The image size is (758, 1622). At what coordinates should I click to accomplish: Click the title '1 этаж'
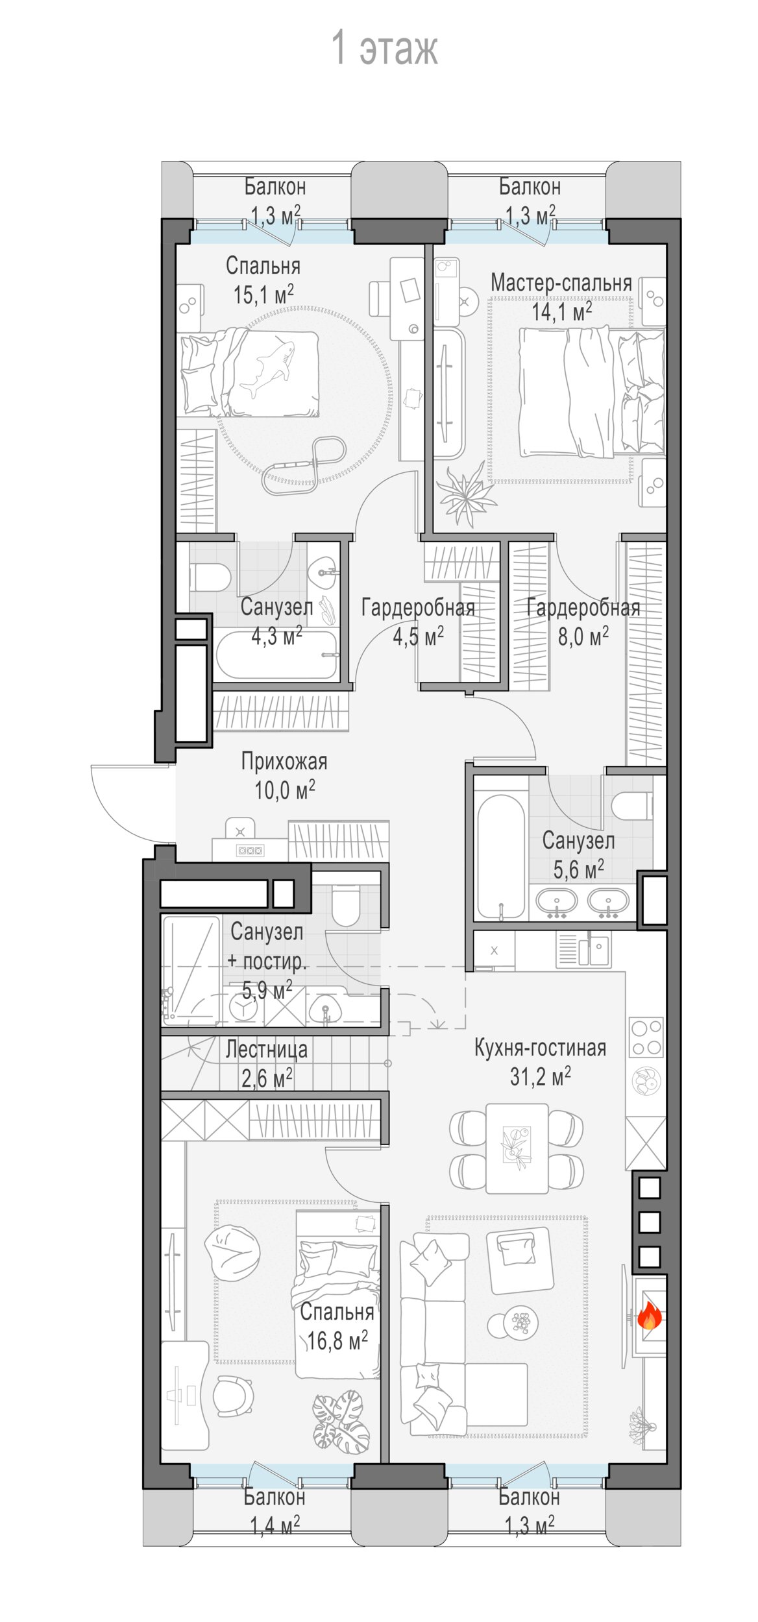point(385,47)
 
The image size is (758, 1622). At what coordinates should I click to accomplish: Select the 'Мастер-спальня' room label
point(561,282)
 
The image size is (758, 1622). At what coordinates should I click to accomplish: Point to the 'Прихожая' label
point(284,761)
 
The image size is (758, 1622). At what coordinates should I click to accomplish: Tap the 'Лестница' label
point(267,1049)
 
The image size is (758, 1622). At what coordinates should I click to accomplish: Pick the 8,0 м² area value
point(583,636)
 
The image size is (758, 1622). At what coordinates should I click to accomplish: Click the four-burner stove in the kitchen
point(646,1037)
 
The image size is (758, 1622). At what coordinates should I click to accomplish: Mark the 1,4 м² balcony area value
point(275,1525)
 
